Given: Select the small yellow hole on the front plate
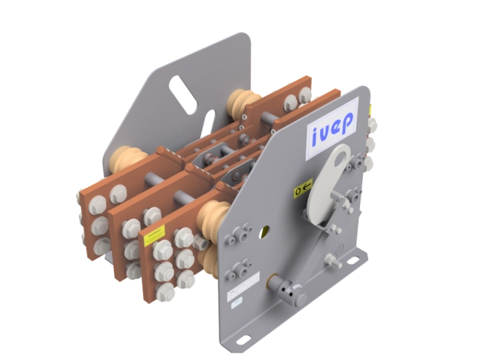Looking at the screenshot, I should pos(264,227).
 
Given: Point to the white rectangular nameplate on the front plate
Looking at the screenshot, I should pos(236,300).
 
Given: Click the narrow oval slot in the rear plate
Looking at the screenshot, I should pos(208,120).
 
